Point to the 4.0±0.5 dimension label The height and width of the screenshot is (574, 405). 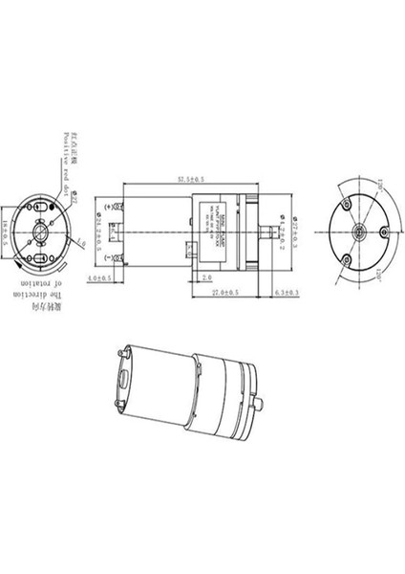point(99,278)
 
